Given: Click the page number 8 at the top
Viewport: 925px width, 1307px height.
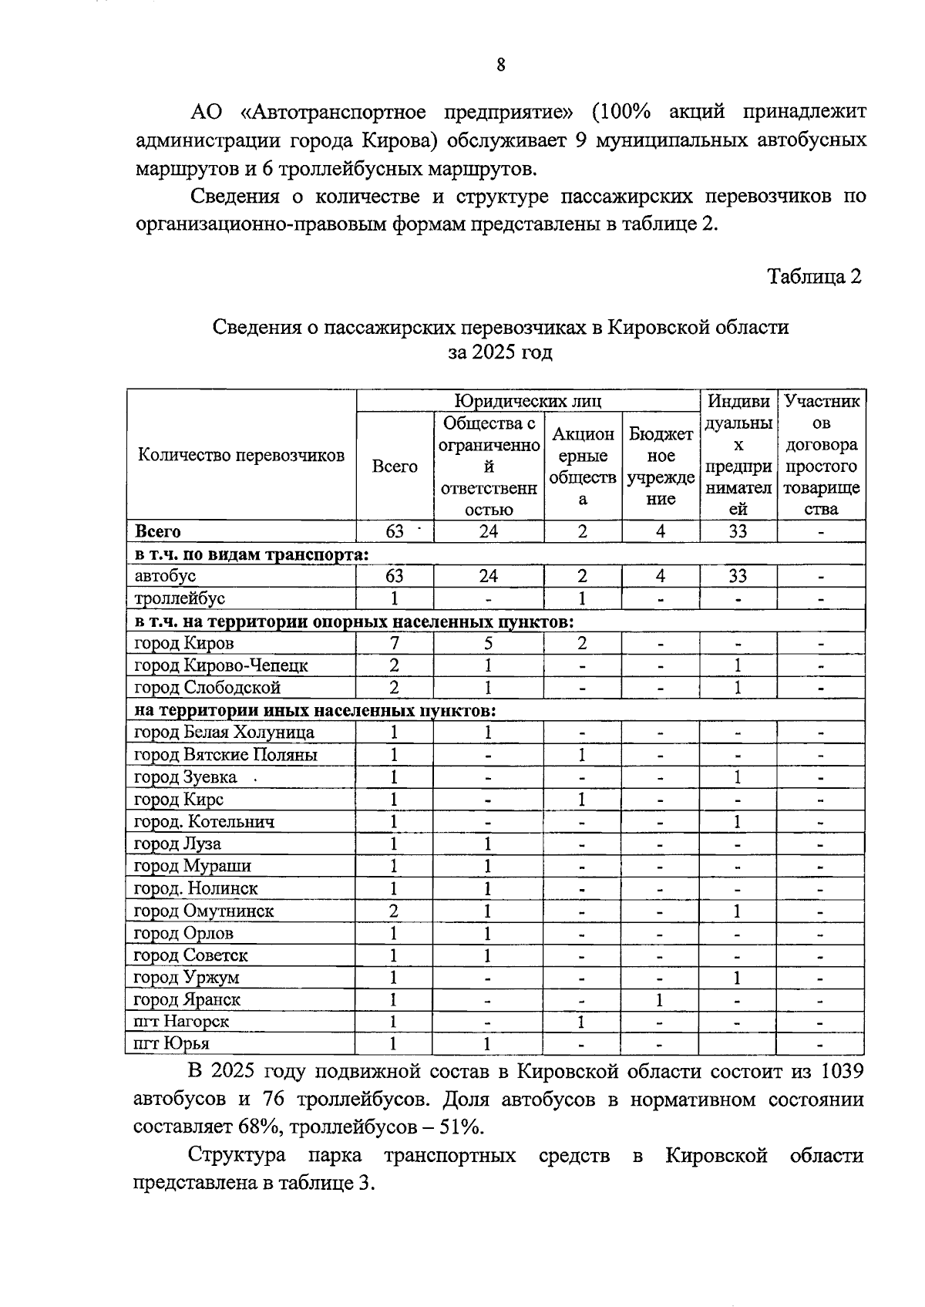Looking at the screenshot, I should (501, 66).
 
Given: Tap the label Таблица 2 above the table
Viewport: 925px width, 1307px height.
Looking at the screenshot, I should (813, 276).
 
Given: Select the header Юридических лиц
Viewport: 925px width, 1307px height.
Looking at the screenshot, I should (527, 401).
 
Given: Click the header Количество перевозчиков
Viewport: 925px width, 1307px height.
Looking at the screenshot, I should (241, 455).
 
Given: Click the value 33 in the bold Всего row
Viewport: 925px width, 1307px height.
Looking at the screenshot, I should (738, 531).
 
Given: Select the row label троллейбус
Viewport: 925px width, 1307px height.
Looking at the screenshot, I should (180, 598).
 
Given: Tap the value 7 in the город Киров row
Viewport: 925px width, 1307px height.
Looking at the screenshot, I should (394, 643).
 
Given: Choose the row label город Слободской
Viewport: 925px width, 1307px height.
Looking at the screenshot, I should (207, 688).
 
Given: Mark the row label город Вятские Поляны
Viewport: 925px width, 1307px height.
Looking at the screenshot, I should (225, 755).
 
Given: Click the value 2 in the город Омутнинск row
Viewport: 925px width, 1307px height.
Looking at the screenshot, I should (394, 911).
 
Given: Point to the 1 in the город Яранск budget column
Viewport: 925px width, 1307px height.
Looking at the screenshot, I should (660, 1000).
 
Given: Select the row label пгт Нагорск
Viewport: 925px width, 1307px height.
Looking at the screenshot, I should (181, 1022).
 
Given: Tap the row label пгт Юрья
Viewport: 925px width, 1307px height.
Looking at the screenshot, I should (172, 1044).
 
